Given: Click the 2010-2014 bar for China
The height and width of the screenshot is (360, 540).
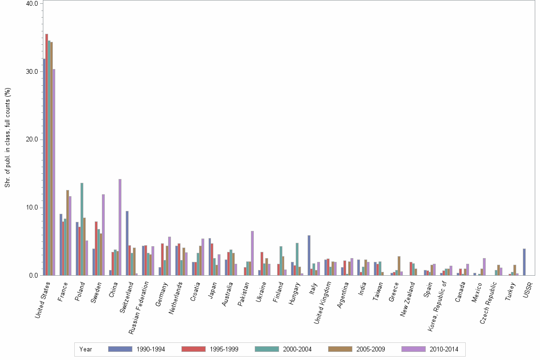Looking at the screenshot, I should point(120,227).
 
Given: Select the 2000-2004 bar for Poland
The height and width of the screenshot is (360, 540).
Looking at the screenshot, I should point(82,229).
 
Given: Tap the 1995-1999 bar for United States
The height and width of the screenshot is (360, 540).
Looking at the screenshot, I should point(47,154).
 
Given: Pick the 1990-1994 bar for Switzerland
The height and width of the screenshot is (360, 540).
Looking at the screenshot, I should point(127,243).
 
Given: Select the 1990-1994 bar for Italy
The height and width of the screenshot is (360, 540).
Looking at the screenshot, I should point(309,255).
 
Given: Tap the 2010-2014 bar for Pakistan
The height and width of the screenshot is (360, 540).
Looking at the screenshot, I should point(252,253).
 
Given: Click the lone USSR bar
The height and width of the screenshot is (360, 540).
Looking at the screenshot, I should point(524,262).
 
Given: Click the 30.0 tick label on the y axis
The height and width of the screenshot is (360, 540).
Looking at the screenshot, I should point(32,71).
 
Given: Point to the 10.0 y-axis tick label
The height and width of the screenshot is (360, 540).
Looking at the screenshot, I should point(32,208).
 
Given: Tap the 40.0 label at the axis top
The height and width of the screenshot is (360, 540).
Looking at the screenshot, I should point(32,3).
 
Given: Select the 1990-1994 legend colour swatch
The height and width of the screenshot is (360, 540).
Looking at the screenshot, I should point(120,349).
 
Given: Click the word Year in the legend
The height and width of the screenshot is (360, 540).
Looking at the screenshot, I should point(86,349).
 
